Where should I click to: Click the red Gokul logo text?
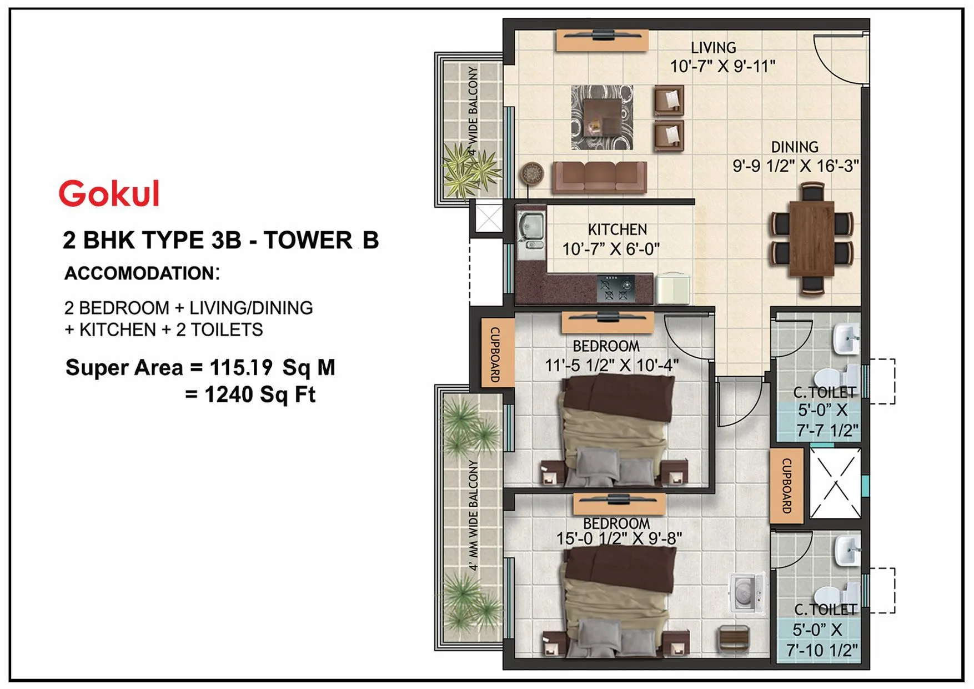pos(109,193)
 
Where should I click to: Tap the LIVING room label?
pos(714,48)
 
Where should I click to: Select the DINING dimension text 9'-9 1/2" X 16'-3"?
pos(795,166)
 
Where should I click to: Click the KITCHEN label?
pos(617,229)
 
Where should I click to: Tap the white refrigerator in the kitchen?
pos(673,288)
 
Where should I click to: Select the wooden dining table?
pos(811,239)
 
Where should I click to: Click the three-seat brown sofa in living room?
pos(599,177)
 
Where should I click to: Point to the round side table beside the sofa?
pos(532,173)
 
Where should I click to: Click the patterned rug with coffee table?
pos(603,117)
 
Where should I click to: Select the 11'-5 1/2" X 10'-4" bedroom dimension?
pos(611,366)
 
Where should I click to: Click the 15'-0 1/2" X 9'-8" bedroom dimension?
pos(619,538)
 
